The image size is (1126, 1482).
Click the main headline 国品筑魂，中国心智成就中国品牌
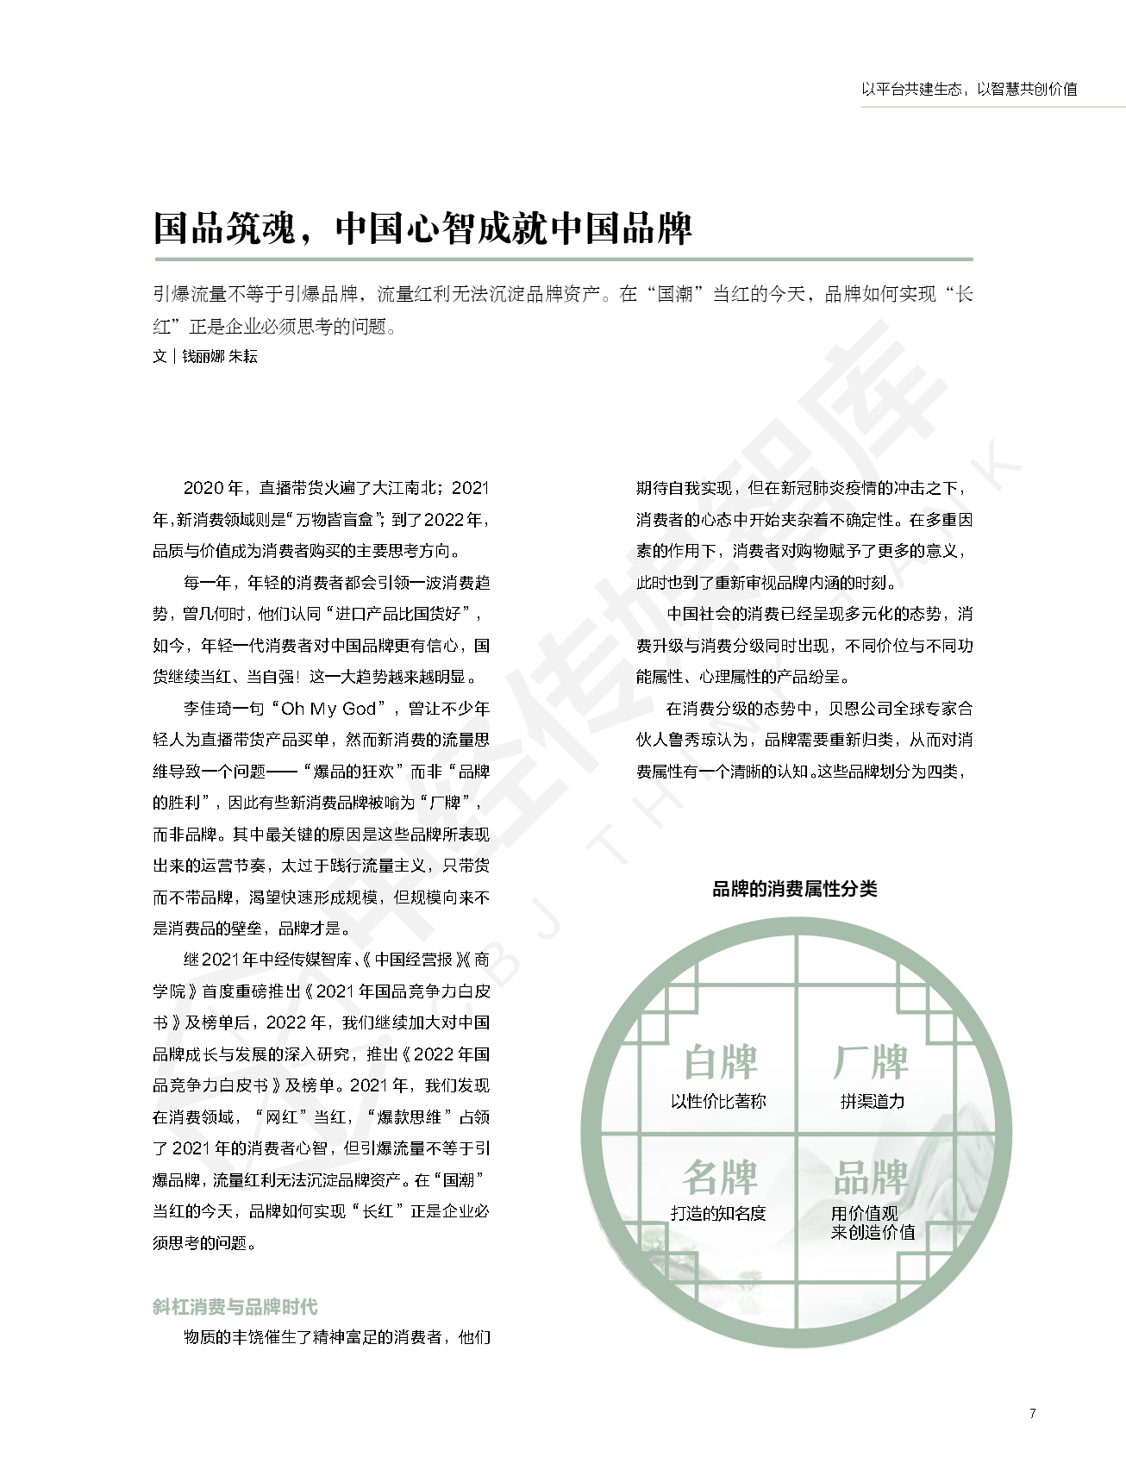[x=422, y=228]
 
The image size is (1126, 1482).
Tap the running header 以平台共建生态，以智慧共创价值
[x=969, y=89]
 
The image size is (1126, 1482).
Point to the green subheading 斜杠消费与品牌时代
[x=235, y=1306]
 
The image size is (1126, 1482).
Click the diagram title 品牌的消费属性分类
[x=794, y=889]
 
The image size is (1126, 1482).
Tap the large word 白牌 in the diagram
[x=720, y=1062]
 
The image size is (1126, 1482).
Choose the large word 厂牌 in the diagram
[x=871, y=1062]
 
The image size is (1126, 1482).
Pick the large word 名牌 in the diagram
[x=720, y=1175]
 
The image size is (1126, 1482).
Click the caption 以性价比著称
[x=718, y=1101]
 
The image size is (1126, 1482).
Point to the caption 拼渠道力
[x=873, y=1101]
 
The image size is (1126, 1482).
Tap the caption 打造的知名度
[x=718, y=1213]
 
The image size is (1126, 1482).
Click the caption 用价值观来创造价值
[x=873, y=1222]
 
